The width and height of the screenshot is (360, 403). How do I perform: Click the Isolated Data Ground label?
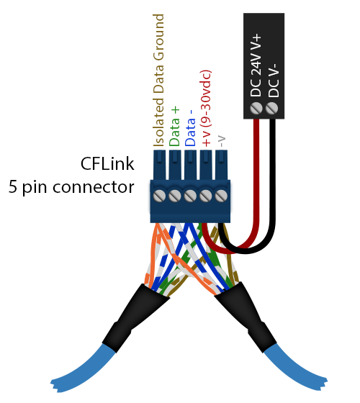tap(159, 79)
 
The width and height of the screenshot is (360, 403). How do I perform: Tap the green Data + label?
tap(175, 126)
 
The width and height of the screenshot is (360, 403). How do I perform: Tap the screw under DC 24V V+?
tap(256, 109)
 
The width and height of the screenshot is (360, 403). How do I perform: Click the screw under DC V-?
tap(272, 109)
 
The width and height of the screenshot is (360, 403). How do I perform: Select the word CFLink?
tap(108, 165)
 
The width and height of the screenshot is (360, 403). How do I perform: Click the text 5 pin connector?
tap(71, 188)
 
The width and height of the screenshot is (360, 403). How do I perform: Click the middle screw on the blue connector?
tap(191, 196)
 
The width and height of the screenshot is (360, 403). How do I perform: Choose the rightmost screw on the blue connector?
tap(222, 196)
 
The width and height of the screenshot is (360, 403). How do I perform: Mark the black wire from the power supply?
tap(274, 180)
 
